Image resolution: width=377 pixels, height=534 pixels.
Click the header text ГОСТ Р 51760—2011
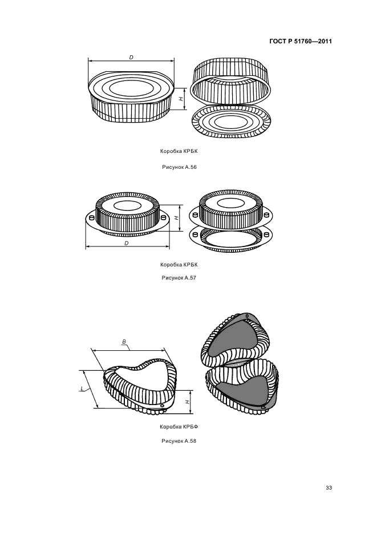301,42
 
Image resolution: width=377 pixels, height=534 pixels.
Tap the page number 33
329,488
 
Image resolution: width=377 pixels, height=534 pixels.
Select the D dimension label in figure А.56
131,57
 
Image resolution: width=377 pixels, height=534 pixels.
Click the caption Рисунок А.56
179,167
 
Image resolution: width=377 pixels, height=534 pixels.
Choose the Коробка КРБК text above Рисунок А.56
179,151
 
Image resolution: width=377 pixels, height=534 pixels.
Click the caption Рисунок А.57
179,278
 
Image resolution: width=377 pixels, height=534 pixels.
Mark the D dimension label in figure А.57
127,243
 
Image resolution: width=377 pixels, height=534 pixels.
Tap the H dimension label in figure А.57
176,218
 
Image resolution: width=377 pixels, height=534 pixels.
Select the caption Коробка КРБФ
179,427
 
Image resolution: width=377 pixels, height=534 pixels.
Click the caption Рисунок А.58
179,441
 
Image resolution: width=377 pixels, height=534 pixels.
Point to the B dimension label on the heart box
124,341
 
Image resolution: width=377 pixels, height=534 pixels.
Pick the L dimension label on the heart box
82,389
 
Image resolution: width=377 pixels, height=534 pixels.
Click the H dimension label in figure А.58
188,402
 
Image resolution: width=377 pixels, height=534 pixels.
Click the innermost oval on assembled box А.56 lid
131,88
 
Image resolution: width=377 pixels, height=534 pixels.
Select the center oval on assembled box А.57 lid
128,205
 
